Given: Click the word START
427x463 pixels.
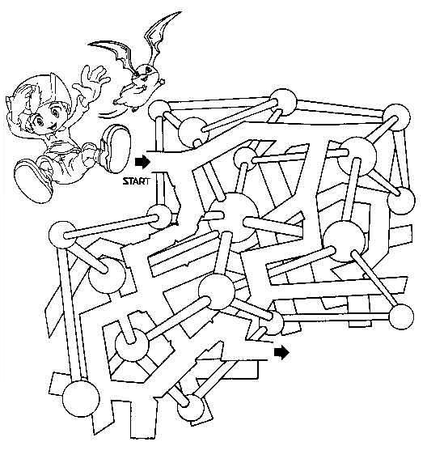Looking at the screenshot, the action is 136,181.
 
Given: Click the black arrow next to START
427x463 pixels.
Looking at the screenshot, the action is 142,163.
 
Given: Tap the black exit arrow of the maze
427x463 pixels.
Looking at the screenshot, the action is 281,353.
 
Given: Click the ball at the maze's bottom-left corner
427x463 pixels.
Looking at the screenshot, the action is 81,398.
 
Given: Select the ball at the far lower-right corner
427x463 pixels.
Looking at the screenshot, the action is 401,316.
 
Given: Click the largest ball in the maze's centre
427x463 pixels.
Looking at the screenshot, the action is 233,216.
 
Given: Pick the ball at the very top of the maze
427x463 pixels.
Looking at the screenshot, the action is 283,102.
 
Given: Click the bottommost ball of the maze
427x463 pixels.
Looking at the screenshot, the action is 191,409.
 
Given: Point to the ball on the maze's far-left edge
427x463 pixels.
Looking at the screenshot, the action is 62,235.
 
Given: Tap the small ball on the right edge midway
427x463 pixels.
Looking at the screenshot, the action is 401,201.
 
